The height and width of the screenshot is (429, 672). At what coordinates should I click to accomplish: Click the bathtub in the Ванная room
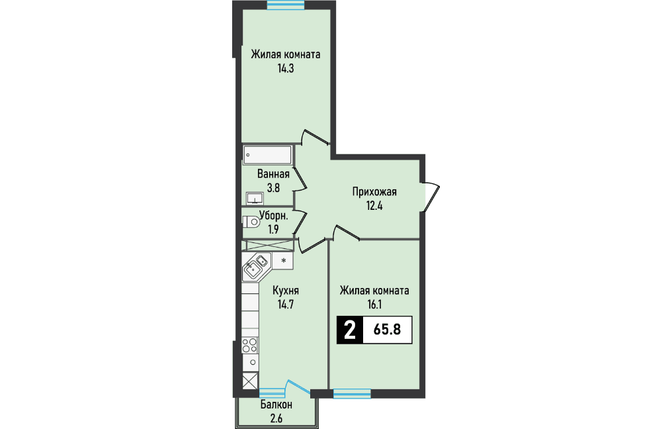tap(268, 155)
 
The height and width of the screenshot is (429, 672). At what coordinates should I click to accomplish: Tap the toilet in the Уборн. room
tap(251, 222)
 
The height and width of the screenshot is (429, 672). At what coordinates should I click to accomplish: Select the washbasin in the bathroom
tap(255, 198)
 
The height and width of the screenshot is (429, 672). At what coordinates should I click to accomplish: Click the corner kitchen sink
tap(256, 266)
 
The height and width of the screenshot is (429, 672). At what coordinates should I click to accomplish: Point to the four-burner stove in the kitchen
tap(250, 346)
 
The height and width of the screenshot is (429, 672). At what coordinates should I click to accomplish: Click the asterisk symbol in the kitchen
tap(283, 260)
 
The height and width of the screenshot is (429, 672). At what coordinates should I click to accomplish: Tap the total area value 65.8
tap(388, 330)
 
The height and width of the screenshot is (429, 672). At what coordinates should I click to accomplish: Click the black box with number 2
tap(350, 330)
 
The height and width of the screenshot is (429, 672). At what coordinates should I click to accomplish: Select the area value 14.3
tap(286, 68)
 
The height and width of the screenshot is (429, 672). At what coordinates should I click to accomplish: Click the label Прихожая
tap(374, 192)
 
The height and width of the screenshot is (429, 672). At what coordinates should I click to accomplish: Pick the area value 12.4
tap(374, 206)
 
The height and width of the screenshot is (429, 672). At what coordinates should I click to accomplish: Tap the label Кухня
tap(286, 291)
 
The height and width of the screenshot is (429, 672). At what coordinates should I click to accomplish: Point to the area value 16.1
tap(374, 305)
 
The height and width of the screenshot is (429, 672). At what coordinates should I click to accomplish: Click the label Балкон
tap(276, 405)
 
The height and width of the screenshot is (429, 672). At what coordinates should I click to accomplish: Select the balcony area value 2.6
tap(276, 418)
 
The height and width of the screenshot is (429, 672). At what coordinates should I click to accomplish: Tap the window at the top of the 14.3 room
tap(286, 5)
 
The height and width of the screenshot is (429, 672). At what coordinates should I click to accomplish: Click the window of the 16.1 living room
tap(352, 393)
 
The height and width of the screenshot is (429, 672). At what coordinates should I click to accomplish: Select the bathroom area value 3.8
tap(273, 188)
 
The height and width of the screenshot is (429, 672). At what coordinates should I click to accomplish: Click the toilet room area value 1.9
tap(273, 230)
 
